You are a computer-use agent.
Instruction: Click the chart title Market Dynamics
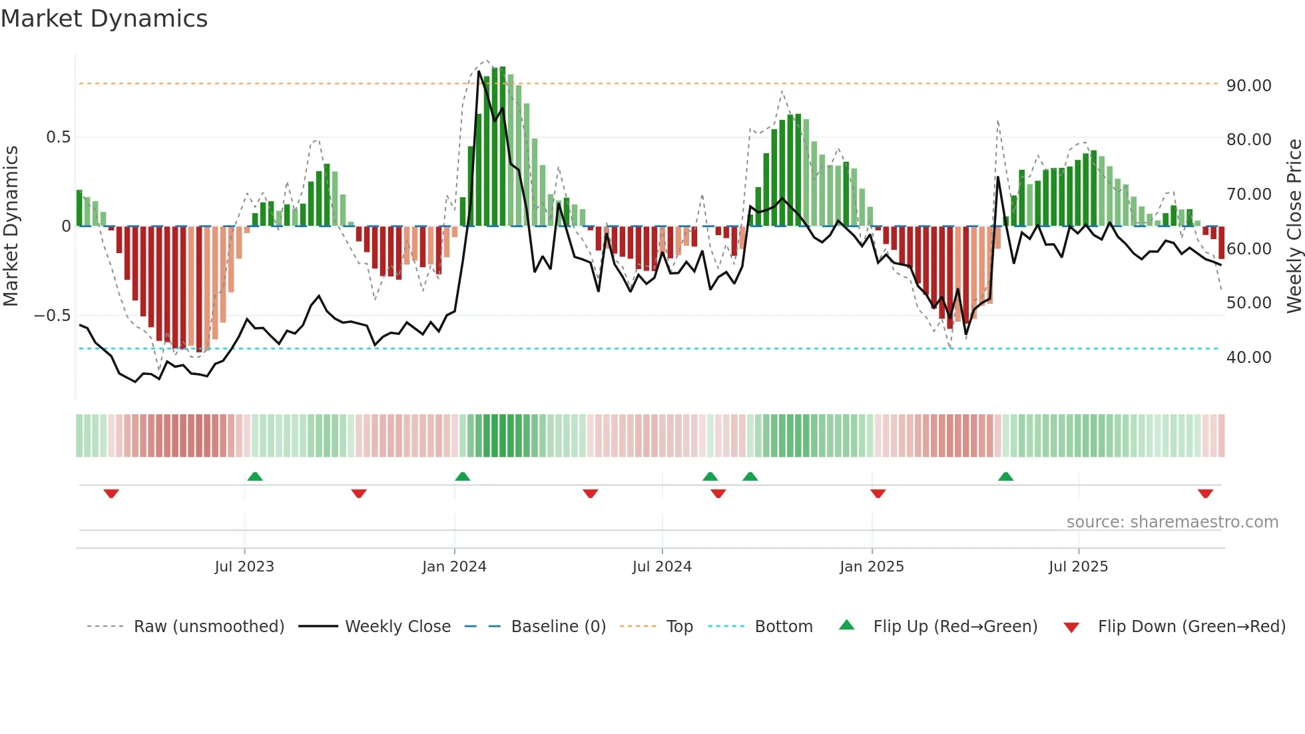tap(104, 19)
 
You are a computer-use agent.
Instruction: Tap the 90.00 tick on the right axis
tap(1248, 86)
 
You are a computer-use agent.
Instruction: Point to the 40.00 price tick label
tap(1248, 358)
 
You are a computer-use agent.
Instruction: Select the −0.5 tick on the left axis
tap(52, 316)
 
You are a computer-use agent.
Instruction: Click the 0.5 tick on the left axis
tap(58, 137)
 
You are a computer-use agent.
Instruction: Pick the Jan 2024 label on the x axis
tap(454, 567)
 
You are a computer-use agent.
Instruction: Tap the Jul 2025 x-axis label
tap(1078, 567)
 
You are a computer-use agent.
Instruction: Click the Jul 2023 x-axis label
tap(244, 567)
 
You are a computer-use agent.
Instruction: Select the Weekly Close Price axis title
tap(1294, 226)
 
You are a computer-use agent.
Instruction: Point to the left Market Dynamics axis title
tap(11, 226)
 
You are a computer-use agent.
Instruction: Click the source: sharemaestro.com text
tap(1172, 522)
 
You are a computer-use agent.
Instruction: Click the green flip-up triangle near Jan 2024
tap(463, 476)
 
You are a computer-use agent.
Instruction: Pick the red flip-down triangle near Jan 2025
tap(878, 494)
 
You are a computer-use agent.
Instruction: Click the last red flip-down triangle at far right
tap(1205, 494)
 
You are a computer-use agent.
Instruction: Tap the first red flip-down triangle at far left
tap(111, 494)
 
